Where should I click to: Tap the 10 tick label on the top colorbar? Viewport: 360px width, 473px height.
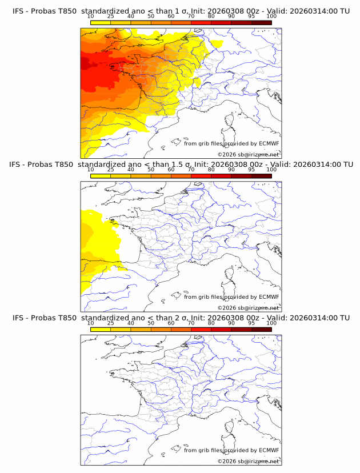90,17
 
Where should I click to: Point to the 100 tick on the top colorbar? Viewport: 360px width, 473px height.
271,17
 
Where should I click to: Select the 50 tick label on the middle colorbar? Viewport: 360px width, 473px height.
151,170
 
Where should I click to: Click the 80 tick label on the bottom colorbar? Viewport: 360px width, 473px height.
211,323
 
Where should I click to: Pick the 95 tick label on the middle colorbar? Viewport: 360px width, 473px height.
251,170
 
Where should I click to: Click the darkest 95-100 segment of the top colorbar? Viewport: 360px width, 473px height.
261,22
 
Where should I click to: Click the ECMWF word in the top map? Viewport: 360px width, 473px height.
269,143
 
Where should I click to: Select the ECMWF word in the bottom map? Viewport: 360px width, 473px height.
269,450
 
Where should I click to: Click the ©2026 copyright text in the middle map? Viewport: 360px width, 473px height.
226,308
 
